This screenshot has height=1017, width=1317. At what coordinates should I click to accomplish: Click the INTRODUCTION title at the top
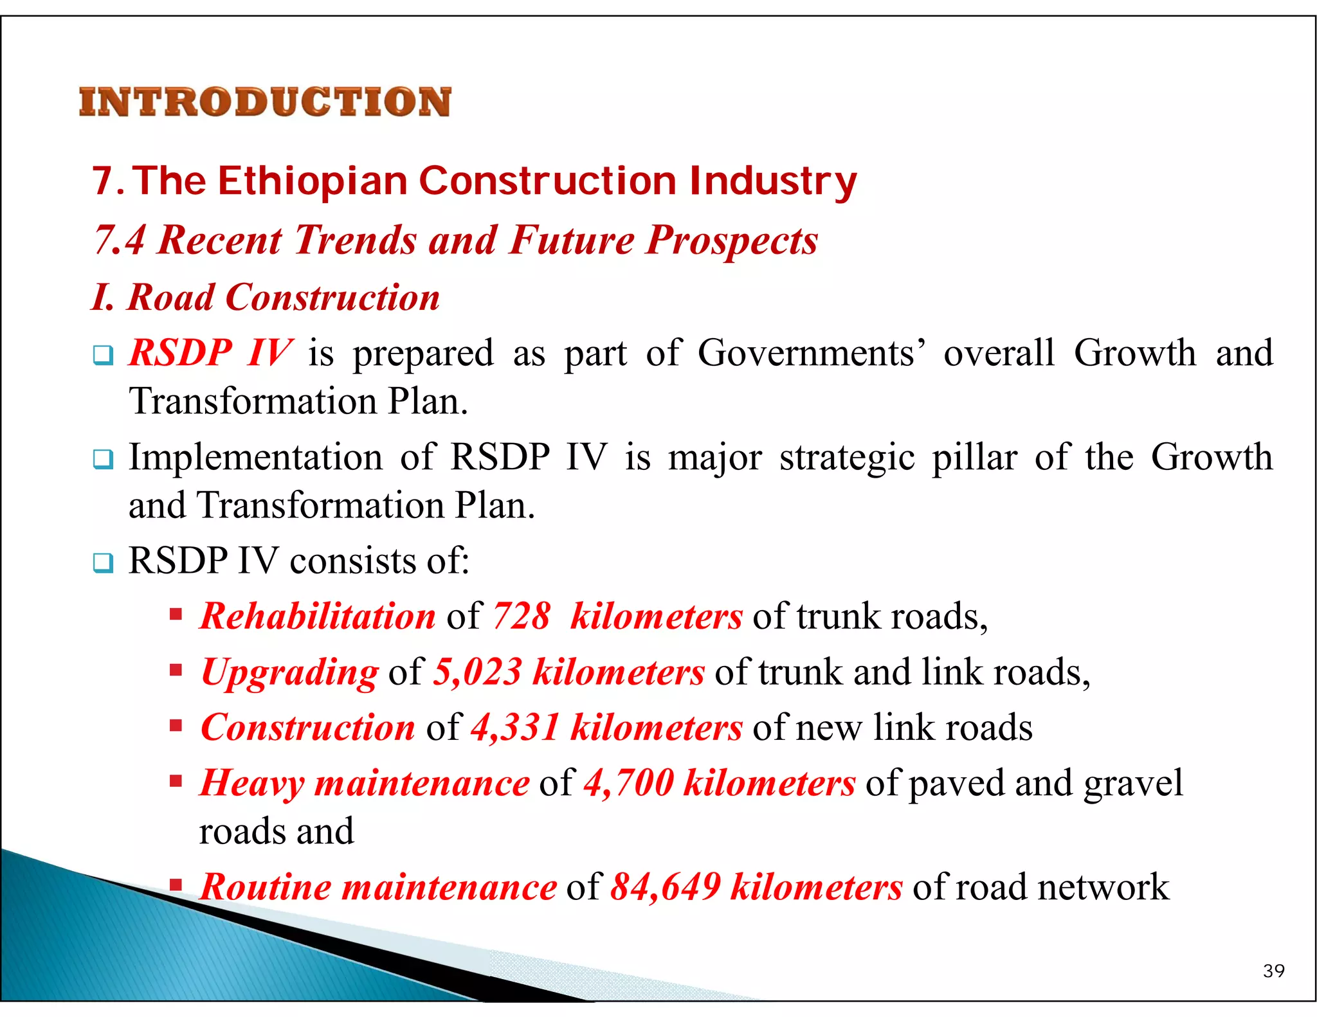click(x=265, y=102)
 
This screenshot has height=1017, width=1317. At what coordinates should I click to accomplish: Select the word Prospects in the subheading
click(x=732, y=240)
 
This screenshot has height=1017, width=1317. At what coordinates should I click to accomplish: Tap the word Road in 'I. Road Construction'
click(x=171, y=298)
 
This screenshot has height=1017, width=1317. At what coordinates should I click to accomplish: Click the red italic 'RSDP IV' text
click(x=211, y=353)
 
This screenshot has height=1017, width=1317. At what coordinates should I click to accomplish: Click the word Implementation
click(x=255, y=457)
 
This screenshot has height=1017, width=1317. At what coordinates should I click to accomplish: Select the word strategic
click(x=847, y=458)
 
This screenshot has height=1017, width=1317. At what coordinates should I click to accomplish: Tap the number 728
click(x=522, y=616)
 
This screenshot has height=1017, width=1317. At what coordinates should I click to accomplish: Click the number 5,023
click(x=477, y=672)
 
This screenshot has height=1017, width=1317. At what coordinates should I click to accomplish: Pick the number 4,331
click(x=515, y=727)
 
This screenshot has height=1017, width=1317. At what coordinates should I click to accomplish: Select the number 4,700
click(x=628, y=783)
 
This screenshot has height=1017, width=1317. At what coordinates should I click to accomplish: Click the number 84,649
click(x=665, y=887)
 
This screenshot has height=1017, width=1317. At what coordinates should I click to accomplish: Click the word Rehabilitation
click(x=318, y=616)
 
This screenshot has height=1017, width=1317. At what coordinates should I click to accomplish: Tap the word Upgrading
click(x=290, y=673)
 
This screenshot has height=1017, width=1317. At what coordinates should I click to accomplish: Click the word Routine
click(x=266, y=887)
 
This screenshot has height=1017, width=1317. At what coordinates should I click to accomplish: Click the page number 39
click(x=1273, y=971)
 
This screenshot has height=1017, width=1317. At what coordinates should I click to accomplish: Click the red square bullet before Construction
click(x=176, y=726)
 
